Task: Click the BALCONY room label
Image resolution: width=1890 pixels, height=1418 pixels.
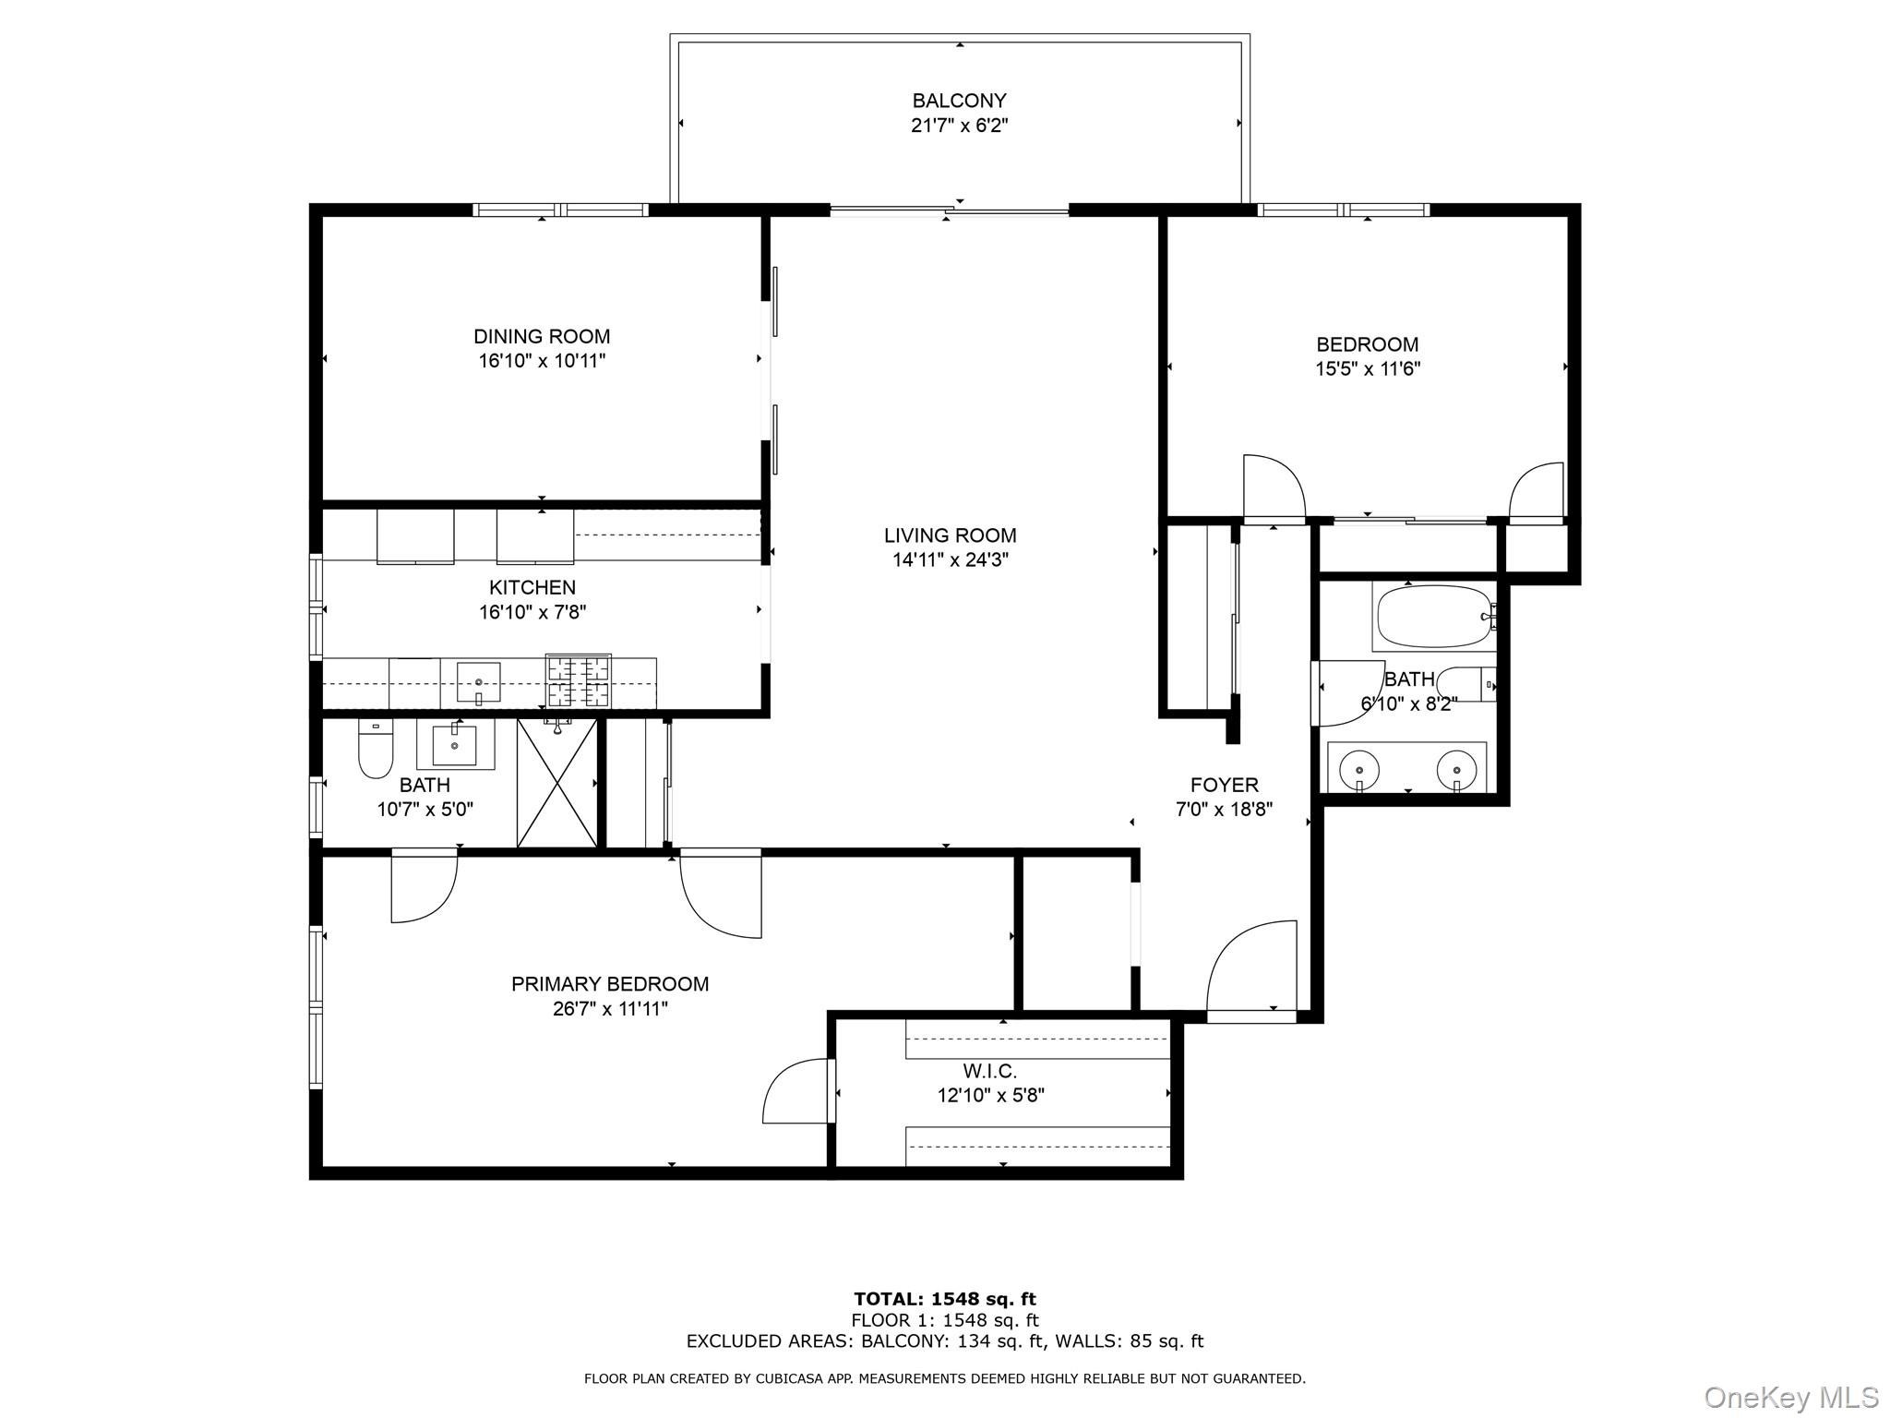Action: (x=959, y=101)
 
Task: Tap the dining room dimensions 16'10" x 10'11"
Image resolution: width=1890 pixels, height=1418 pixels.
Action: (x=542, y=361)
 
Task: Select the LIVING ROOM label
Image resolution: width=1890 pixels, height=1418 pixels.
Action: (x=950, y=535)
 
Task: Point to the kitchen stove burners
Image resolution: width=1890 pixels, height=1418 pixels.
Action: (x=579, y=679)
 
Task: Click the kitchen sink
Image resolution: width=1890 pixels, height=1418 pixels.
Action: (x=479, y=682)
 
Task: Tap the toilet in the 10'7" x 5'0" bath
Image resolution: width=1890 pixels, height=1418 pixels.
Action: (x=375, y=750)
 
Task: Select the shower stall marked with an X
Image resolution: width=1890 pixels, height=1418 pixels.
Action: (x=556, y=783)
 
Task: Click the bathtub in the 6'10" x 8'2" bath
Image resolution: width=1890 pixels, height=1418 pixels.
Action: (x=1433, y=617)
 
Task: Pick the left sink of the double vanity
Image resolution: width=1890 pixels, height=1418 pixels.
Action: (x=1358, y=769)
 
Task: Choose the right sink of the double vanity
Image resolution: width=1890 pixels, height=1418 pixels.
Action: (x=1456, y=769)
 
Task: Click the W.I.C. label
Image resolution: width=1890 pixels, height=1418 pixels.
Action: (x=989, y=1071)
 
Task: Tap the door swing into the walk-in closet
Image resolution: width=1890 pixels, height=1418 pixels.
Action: (x=795, y=1093)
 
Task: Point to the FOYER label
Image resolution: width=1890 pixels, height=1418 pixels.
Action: (x=1224, y=785)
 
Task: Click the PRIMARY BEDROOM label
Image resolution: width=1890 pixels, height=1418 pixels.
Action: (x=610, y=984)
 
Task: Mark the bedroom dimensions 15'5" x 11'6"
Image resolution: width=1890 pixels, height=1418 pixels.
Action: (x=1367, y=369)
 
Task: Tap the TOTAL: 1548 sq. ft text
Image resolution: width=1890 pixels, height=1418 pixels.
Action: (x=944, y=1300)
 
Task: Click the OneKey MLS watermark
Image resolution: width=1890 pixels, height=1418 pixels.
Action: (x=1790, y=1397)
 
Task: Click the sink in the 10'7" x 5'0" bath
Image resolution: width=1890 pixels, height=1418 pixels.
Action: (x=455, y=745)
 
